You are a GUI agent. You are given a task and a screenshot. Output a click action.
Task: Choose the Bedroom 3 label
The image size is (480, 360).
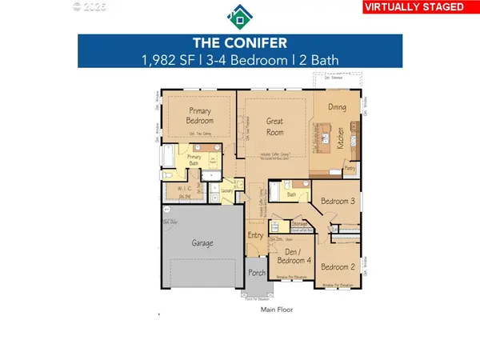338,202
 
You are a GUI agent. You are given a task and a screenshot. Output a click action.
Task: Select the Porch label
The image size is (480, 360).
257,274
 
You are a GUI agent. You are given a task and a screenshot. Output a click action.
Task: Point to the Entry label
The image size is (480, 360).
255,235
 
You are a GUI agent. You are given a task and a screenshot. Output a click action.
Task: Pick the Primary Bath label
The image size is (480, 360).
194,160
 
